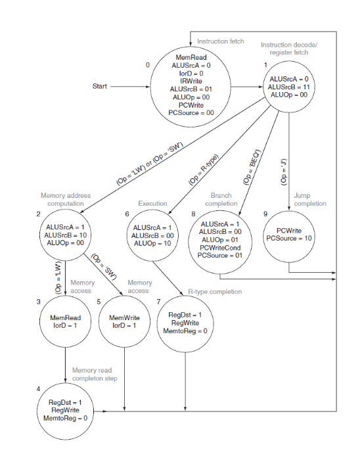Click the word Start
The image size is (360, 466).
(101, 86)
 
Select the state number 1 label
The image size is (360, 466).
(265, 65)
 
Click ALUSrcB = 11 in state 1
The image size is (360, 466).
(290, 87)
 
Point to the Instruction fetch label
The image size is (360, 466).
(221, 41)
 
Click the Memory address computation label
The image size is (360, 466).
(66, 200)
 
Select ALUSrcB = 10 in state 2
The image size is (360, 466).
(66, 235)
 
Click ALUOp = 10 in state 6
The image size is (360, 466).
(152, 243)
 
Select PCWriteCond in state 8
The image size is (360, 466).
(221, 248)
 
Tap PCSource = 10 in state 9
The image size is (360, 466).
(290, 238)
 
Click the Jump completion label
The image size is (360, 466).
(309, 199)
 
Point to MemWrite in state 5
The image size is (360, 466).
(124, 317)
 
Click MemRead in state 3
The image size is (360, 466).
(66, 317)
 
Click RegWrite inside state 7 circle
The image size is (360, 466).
(185, 323)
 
